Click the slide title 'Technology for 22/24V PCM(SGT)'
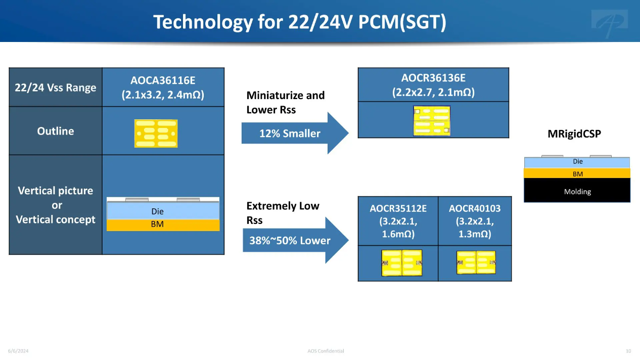[x=300, y=22]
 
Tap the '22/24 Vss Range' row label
[x=56, y=87]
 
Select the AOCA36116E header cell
[x=163, y=87]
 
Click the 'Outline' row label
[x=56, y=131]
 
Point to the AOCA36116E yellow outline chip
[x=156, y=133]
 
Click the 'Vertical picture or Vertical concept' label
[x=56, y=205]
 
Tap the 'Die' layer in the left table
[x=163, y=211]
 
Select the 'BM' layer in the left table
[x=163, y=225]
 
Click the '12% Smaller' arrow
[x=295, y=133]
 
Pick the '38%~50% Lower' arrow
[x=295, y=240]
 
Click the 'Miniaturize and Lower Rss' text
[x=286, y=102]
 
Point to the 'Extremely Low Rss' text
[x=283, y=213]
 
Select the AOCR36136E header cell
[x=433, y=85]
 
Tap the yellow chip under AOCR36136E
[x=432, y=120]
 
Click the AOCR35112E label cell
[x=398, y=221]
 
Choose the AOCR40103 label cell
[x=475, y=221]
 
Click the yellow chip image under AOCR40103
[x=476, y=262]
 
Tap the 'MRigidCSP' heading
[x=574, y=133]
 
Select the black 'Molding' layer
[x=577, y=190]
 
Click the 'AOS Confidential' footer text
[x=326, y=351]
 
